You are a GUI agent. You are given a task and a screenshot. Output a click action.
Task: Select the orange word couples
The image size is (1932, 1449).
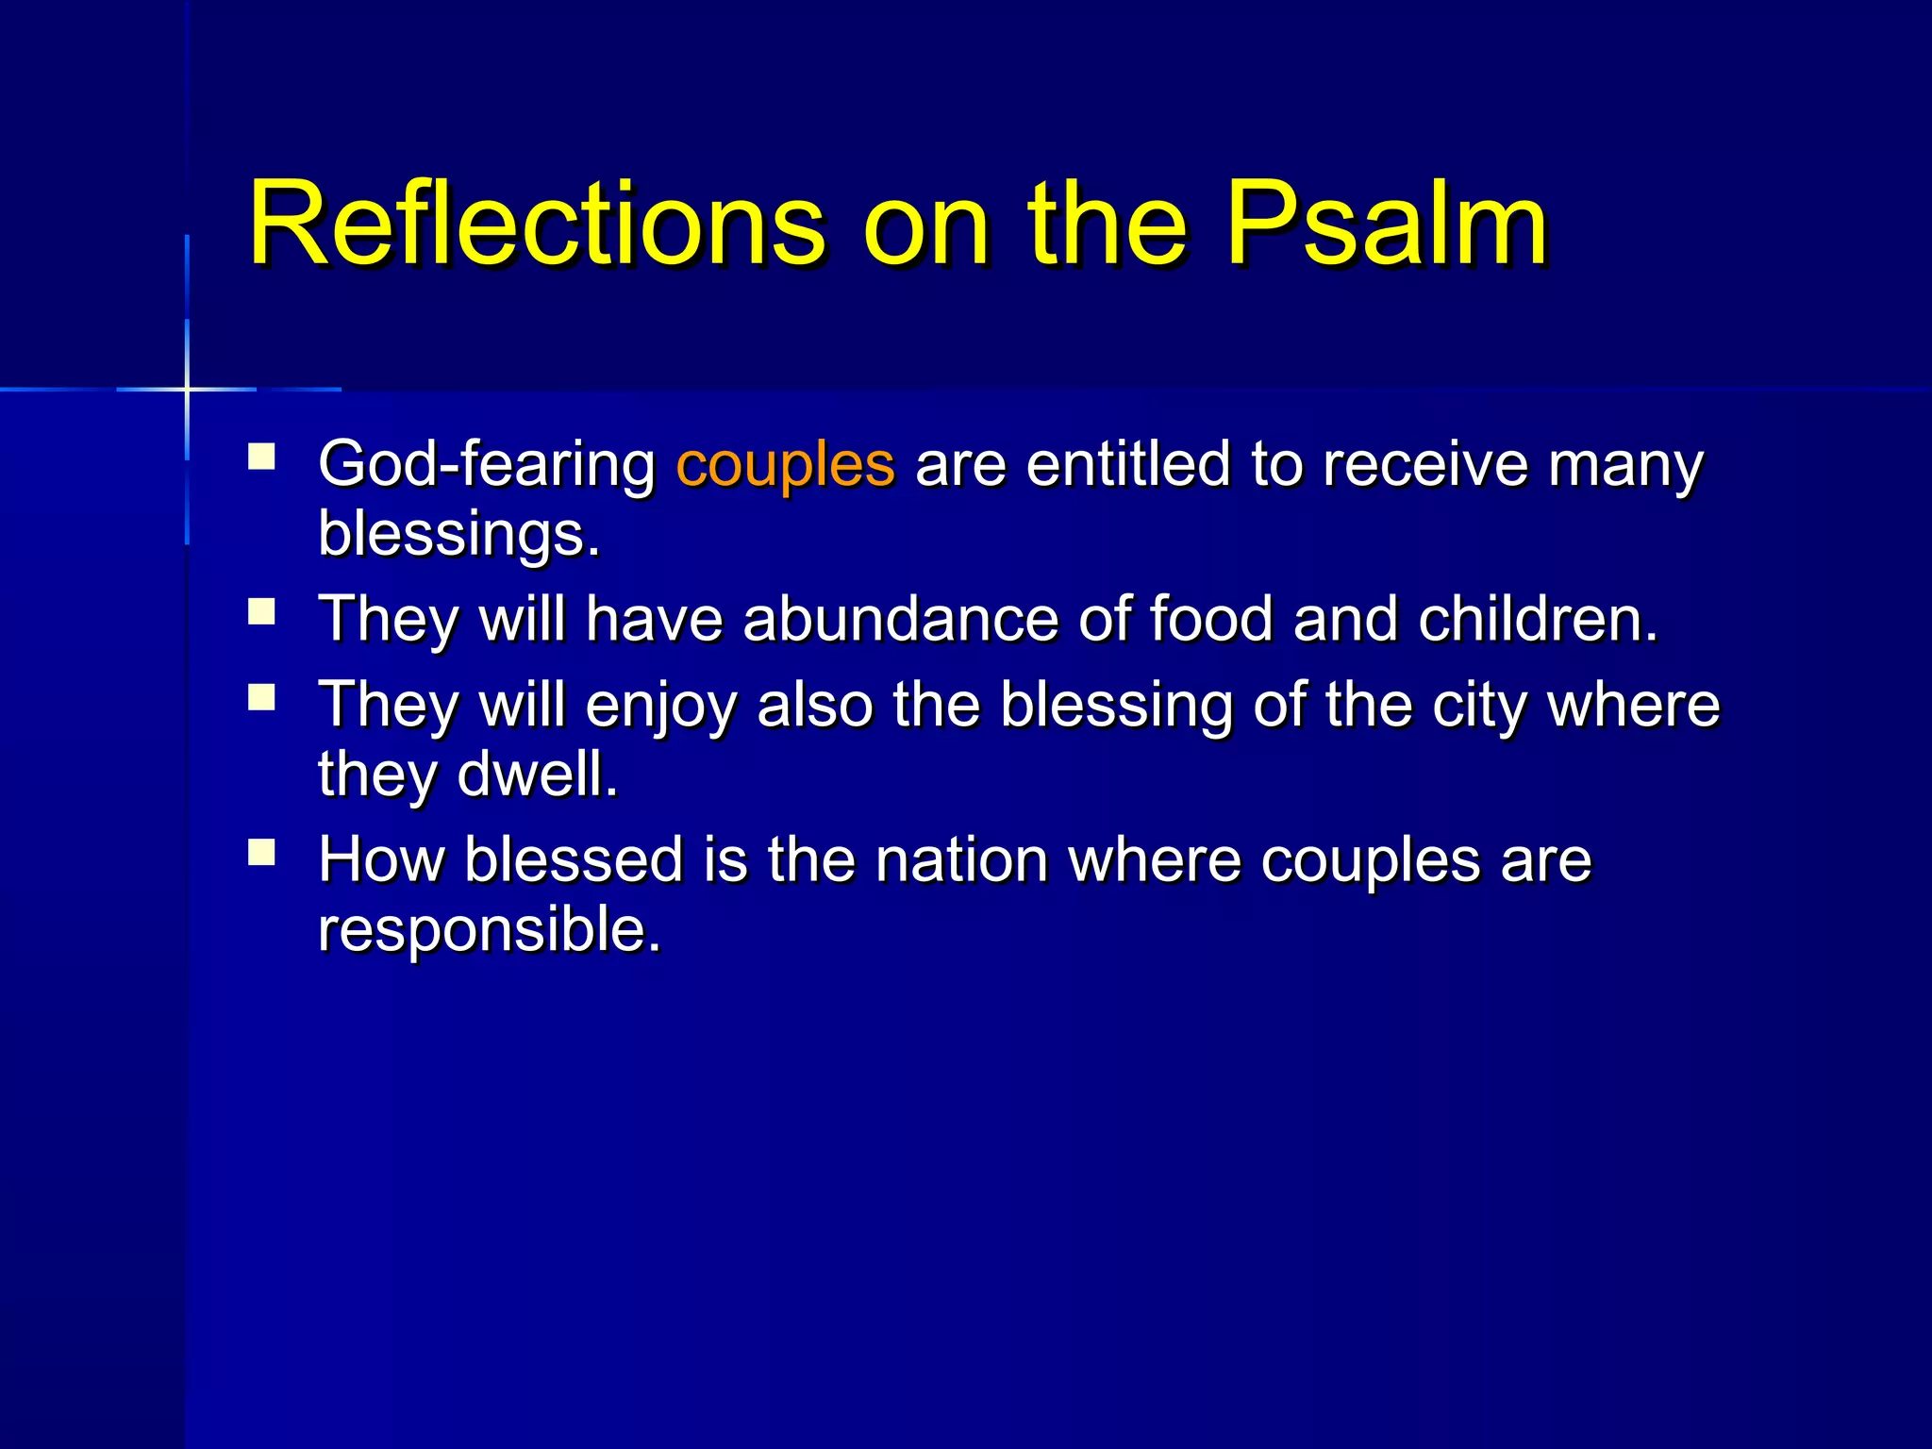(x=785, y=464)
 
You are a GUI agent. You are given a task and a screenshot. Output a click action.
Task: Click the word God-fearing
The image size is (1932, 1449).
(x=487, y=464)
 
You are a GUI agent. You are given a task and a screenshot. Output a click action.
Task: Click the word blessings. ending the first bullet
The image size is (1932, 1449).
(x=458, y=534)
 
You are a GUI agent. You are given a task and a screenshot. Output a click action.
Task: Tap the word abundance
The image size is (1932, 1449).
(x=900, y=619)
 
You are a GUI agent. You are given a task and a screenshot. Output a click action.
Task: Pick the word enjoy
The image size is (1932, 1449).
(x=660, y=706)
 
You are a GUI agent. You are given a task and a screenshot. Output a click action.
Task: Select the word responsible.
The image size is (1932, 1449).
(x=489, y=929)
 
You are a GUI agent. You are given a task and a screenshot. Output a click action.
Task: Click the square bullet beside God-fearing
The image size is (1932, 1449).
(x=261, y=458)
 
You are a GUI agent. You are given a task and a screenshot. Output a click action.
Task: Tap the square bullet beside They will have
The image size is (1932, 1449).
(x=261, y=612)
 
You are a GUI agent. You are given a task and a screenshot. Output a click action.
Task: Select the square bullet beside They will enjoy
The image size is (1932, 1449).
(x=261, y=698)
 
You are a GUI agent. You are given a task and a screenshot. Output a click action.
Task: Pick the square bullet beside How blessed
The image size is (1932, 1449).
(x=261, y=853)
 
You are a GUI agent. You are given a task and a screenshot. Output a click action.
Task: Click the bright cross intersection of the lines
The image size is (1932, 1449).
(x=187, y=389)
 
